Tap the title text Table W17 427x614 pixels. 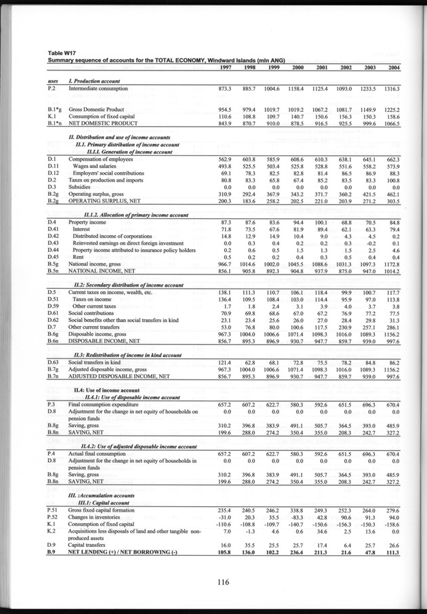pos(63,53)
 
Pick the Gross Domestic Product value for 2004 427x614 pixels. pos(392,109)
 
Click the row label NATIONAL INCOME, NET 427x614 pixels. pos(108,271)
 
